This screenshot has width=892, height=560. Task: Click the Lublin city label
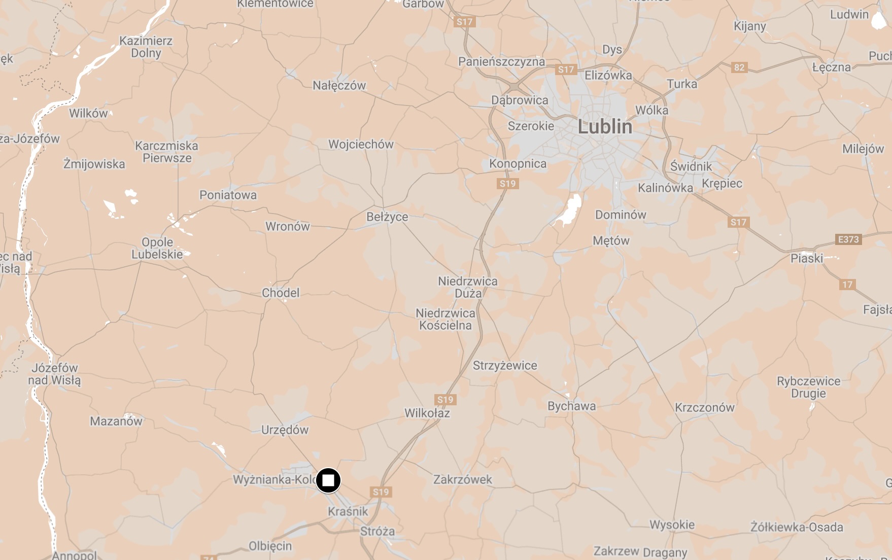click(x=605, y=127)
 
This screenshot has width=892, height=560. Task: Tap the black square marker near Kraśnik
click(x=328, y=480)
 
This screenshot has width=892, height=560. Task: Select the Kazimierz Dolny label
click(x=146, y=47)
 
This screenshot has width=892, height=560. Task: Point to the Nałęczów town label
click(x=339, y=85)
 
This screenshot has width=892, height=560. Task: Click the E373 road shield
click(x=848, y=239)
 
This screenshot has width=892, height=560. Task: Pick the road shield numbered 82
click(x=739, y=67)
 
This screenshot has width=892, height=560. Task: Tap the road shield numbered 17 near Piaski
click(x=847, y=285)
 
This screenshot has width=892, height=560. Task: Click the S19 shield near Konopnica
click(x=507, y=184)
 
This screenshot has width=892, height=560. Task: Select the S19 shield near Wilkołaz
click(x=445, y=400)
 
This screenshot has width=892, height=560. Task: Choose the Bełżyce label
click(x=387, y=217)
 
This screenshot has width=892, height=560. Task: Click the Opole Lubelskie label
click(x=157, y=248)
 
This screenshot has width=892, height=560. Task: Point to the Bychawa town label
click(x=571, y=406)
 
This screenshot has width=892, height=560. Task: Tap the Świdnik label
click(x=691, y=166)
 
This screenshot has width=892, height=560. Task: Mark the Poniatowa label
click(x=228, y=195)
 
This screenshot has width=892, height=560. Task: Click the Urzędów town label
click(x=285, y=430)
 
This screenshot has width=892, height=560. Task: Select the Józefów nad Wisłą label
click(x=54, y=374)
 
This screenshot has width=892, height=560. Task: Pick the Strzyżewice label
click(x=505, y=365)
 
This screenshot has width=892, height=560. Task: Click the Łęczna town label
click(x=831, y=67)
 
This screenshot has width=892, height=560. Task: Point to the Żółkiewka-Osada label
click(x=797, y=528)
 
